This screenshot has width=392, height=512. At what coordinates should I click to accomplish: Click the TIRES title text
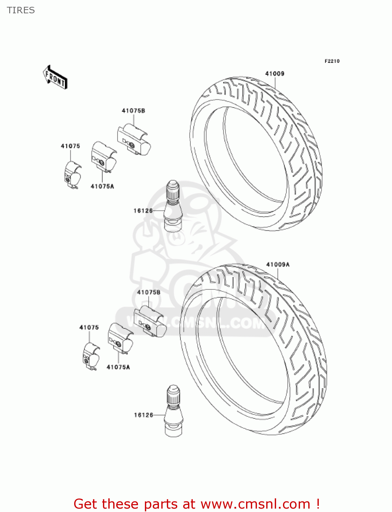point(21,10)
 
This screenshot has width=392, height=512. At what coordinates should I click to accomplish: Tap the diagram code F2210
point(332,61)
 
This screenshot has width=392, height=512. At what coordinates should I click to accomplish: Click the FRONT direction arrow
point(55,77)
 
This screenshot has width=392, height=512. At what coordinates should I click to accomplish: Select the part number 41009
point(275,73)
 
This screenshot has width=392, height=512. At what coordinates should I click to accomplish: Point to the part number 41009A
point(278,265)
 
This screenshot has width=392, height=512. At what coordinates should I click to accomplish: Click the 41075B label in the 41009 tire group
point(133,111)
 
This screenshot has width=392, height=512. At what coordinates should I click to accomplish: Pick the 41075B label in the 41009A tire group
point(149,292)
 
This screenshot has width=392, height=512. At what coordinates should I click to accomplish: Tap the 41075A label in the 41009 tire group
point(102,186)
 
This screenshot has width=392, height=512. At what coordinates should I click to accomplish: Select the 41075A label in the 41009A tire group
point(118,367)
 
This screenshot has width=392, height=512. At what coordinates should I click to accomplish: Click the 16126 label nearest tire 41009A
point(144,415)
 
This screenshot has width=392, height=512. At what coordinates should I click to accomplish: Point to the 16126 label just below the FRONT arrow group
point(143,211)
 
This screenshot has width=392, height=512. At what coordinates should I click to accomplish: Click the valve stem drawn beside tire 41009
point(174,207)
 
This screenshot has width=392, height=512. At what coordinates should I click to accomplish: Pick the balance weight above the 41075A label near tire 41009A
point(120,338)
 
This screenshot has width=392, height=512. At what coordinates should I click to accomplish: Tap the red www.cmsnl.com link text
point(255,504)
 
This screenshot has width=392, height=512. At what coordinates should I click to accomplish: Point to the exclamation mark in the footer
point(317,504)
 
